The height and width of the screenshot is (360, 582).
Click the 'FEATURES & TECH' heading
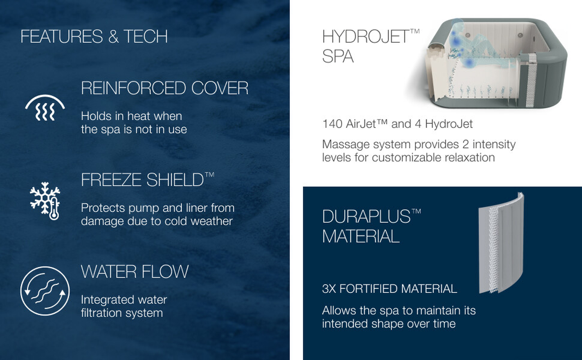[94, 36]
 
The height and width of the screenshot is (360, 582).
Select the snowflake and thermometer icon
[45, 201]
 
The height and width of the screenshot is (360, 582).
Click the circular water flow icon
[45, 291]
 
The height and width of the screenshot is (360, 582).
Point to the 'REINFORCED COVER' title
[165, 88]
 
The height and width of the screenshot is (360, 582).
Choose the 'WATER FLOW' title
[135, 272]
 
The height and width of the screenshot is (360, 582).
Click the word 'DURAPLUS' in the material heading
[366, 216]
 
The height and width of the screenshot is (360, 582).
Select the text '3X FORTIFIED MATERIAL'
[389, 289]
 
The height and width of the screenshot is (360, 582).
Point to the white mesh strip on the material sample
[493, 247]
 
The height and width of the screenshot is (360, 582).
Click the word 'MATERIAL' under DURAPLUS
[361, 236]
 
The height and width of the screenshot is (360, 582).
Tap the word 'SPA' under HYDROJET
[338, 56]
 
